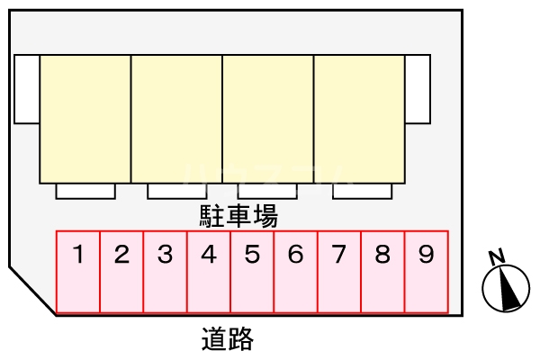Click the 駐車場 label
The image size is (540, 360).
(238, 216)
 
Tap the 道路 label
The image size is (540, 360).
(227, 339)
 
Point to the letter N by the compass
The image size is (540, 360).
(495, 257)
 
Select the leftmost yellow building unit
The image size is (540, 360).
(85, 119)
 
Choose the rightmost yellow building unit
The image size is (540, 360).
(359, 119)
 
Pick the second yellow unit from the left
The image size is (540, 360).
(177, 119)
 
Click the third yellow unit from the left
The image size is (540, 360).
(268, 119)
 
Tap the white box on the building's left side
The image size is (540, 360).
(27, 89)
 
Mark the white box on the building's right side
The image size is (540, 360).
(418, 89)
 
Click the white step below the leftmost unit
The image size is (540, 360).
(85, 191)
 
